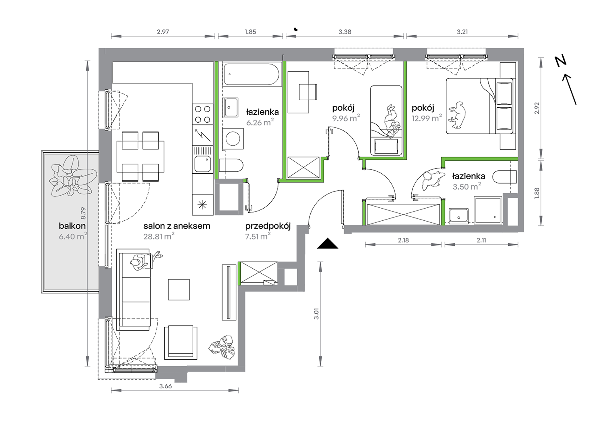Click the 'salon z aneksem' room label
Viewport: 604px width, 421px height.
177,226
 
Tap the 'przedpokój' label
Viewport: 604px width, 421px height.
268,226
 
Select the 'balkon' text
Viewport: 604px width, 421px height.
72,226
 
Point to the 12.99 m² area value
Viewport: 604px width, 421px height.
427,118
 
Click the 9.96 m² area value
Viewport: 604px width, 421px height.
346,118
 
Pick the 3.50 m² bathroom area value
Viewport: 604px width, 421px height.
467,186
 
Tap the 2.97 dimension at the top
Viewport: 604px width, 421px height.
163,32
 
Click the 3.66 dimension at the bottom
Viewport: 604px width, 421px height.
165,386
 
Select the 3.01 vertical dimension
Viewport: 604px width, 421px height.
316,314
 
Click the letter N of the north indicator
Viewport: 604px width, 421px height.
560,61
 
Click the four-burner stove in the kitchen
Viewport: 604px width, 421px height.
202,114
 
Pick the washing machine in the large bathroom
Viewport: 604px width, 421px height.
233,139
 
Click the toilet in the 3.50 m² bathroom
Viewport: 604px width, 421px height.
504,177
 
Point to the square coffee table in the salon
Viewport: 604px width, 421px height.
179,290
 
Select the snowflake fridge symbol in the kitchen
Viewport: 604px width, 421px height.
202,205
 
